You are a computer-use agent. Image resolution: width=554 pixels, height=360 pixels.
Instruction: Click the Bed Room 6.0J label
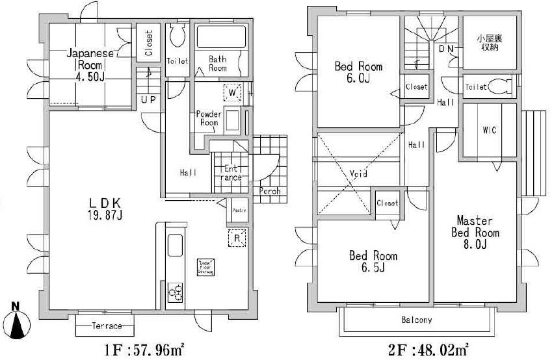(358, 72)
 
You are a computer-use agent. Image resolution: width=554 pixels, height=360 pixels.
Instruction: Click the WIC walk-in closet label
(489, 130)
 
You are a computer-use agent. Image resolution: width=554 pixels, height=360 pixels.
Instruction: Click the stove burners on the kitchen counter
(176, 293)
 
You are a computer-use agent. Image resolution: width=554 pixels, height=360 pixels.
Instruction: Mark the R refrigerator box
(237, 238)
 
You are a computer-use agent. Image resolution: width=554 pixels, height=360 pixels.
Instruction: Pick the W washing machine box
(232, 94)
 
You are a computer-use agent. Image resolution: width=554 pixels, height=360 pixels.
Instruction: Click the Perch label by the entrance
(269, 191)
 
